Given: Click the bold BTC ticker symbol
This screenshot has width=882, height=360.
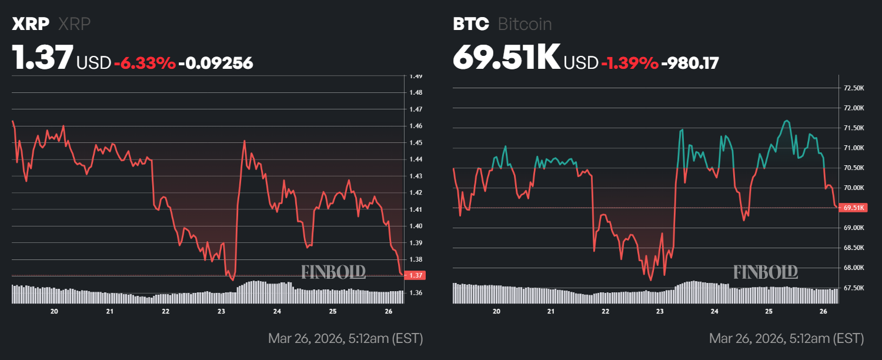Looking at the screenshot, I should pos(470,24).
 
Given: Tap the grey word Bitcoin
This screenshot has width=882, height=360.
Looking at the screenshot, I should pos(524,24).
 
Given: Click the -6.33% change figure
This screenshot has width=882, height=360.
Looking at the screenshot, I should pos(145,63).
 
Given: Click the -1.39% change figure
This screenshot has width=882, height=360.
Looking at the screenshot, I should pos(629,63).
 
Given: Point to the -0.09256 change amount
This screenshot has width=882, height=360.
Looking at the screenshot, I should pos(215,63).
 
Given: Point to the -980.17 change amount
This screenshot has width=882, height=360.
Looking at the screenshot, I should pos(690,63).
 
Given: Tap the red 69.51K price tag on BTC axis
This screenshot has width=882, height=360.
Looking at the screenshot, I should pos(854,208).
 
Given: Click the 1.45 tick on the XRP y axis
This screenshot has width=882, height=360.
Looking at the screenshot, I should pos(416,143).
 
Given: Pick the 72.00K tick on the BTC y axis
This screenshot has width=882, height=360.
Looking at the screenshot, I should pos(854,108).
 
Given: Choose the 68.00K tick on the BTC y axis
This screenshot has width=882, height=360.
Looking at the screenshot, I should pos(854,268).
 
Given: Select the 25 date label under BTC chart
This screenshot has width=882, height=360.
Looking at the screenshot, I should pos(769,311).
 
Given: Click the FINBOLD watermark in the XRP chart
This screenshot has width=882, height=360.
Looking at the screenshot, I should pos(333,272).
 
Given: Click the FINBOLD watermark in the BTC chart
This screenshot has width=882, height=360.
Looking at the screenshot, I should pos(766,272).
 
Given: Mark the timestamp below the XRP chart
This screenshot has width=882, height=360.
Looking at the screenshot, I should pos(345,339).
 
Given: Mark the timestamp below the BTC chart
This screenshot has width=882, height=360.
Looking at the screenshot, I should pos(786,339).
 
